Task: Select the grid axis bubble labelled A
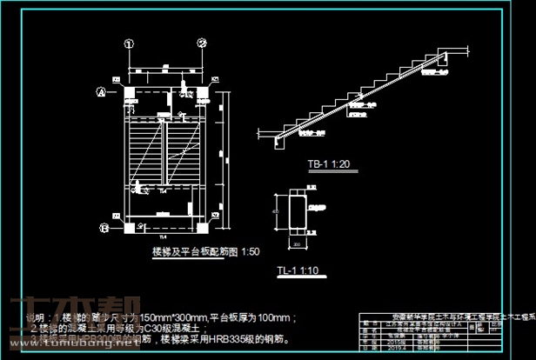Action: click(x=101, y=91)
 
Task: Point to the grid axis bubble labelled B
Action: click(x=104, y=228)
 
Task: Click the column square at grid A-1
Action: click(x=129, y=92)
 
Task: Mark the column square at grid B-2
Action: click(x=201, y=227)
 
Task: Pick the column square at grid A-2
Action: click(x=201, y=92)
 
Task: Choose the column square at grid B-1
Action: click(x=129, y=227)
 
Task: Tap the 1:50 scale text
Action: click(x=250, y=251)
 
